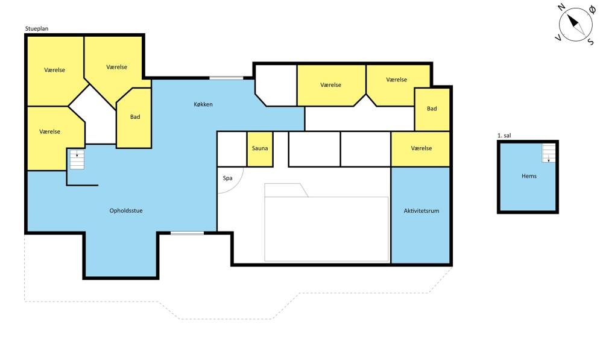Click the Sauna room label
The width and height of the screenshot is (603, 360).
point(260,148)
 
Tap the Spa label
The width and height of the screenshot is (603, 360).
point(228,178)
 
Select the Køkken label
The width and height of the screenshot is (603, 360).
point(203,104)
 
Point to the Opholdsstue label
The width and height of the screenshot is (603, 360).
point(126,211)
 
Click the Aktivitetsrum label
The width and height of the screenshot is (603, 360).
point(421,211)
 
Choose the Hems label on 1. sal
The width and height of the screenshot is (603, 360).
point(529,176)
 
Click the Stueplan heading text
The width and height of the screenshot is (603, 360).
point(37,29)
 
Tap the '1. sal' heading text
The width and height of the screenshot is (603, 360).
point(504,136)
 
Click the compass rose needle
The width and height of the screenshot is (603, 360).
point(576,24)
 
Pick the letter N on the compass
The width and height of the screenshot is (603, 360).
point(561,7)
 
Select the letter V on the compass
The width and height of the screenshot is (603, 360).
point(558,37)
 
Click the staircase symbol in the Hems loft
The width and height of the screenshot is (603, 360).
point(549,153)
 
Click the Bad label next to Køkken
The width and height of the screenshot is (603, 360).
point(135,117)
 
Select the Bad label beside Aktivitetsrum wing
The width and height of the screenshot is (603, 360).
point(432,109)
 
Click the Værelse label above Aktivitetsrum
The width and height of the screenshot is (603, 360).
point(421,148)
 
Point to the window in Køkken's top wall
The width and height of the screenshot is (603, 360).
point(226,78)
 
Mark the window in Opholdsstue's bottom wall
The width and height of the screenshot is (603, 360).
point(188,233)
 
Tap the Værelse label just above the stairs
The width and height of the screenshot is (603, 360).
point(50,131)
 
